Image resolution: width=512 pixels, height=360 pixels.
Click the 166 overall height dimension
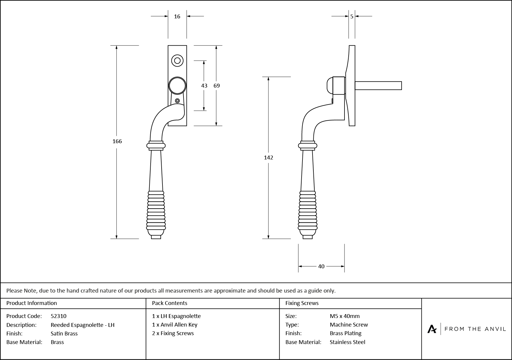click(x=117, y=141)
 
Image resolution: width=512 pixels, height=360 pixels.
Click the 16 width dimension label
click(x=177, y=17)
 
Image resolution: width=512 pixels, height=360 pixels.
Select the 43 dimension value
click(x=204, y=86)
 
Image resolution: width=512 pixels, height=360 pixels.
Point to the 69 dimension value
click(x=217, y=86)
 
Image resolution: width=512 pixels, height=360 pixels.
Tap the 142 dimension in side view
click(x=268, y=158)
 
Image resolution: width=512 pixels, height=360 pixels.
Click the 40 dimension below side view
click(x=321, y=267)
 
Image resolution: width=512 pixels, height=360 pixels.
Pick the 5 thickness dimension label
click(x=352, y=17)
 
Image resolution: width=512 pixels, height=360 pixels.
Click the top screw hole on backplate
click(x=177, y=61)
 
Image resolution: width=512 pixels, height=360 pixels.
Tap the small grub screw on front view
click(x=177, y=101)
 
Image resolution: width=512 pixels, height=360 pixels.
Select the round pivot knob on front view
click(x=177, y=86)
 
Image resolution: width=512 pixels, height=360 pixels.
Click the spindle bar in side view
click(x=378, y=85)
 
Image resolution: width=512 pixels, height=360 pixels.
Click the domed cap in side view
click(x=329, y=85)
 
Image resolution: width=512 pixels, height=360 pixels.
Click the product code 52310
click(x=59, y=316)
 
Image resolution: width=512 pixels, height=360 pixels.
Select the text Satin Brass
click(x=64, y=334)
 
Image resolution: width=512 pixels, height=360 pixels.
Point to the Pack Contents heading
click(x=170, y=303)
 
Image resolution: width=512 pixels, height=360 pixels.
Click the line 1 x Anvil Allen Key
click(x=175, y=325)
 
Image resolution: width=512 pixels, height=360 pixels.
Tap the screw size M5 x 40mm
click(x=345, y=316)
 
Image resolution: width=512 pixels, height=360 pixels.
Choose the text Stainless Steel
click(x=347, y=342)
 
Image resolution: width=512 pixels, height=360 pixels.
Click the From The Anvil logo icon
click(x=432, y=329)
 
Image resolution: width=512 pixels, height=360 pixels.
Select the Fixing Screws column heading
click(x=302, y=303)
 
